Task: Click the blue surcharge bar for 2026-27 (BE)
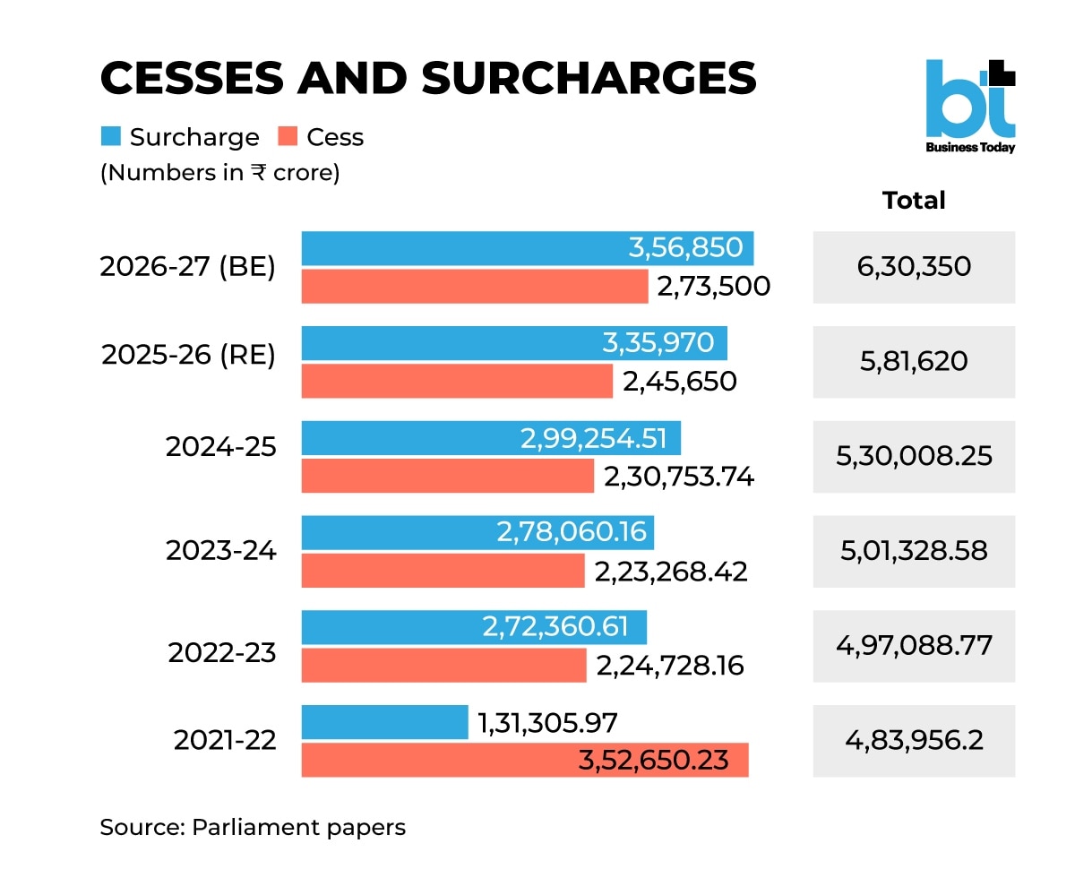pyautogui.click(x=466, y=248)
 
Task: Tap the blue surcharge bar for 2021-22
pyautogui.click(x=384, y=722)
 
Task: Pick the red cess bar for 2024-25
pyautogui.click(x=447, y=476)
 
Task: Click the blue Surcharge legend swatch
pyautogui.click(x=110, y=137)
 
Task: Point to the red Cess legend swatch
pyautogui.click(x=288, y=137)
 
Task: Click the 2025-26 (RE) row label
pyautogui.click(x=188, y=356)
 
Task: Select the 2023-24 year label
pyautogui.click(x=221, y=550)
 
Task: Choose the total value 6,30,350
pyautogui.click(x=914, y=267)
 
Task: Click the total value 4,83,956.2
pyautogui.click(x=914, y=741)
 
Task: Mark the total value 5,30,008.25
pyautogui.click(x=914, y=456)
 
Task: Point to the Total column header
pyautogui.click(x=914, y=201)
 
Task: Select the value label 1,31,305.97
pyautogui.click(x=549, y=722)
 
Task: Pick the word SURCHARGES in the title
pyautogui.click(x=589, y=79)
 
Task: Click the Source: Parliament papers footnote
pyautogui.click(x=253, y=827)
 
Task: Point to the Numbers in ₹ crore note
pyautogui.click(x=219, y=172)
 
